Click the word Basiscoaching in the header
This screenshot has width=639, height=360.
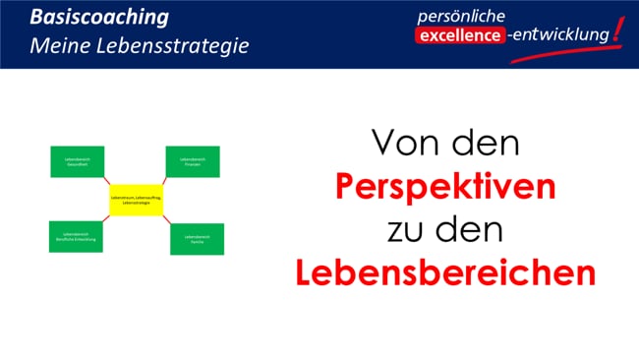[x=97, y=18]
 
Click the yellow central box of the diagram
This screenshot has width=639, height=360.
[x=136, y=201]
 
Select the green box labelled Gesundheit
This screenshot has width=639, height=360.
[x=77, y=161]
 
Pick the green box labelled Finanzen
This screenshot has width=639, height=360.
[x=192, y=161]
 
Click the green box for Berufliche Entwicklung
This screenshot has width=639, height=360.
[x=77, y=237]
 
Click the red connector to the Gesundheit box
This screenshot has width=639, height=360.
[x=107, y=181]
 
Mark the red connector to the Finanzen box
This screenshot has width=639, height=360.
[x=164, y=180]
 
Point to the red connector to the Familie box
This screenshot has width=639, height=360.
[x=166, y=221]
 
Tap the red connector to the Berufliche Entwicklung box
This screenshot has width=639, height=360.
[x=107, y=220]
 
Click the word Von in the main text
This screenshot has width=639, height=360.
[x=401, y=145]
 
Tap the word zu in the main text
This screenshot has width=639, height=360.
[x=404, y=230]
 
